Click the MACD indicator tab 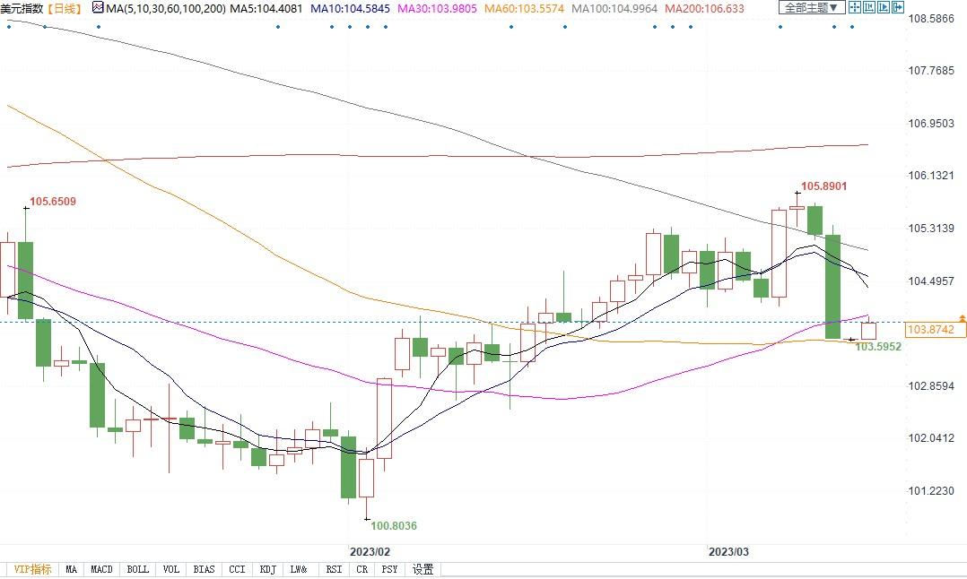(x=101, y=569)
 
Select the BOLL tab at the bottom (x=137, y=569)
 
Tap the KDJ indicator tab (x=267, y=569)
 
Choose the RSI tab (x=334, y=569)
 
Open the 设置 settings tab (x=423, y=569)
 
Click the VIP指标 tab (x=32, y=569)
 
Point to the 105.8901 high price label (x=823, y=186)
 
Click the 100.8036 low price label (x=395, y=526)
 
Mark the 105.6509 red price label (x=53, y=202)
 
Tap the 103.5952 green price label (x=878, y=346)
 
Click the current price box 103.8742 (x=936, y=330)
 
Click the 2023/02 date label (x=369, y=551)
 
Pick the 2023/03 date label (x=728, y=551)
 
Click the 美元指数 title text (x=21, y=8)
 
